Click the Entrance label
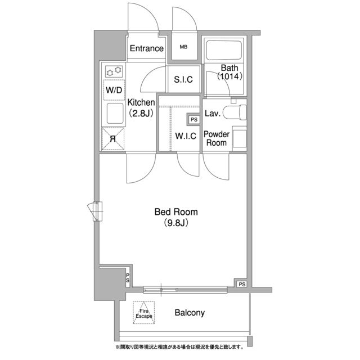[x=146, y=48]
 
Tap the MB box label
[x=183, y=47]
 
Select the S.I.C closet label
[x=183, y=79]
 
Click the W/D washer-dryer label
[x=113, y=89]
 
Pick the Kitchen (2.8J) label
[x=141, y=107]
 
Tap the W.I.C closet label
[x=185, y=136]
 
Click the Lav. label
[x=212, y=114]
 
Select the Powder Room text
[x=215, y=138]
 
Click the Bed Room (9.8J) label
[x=177, y=217]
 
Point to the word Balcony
[x=189, y=313]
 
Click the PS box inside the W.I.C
[x=193, y=120]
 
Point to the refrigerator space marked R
[x=113, y=138]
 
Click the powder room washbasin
[x=240, y=138]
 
